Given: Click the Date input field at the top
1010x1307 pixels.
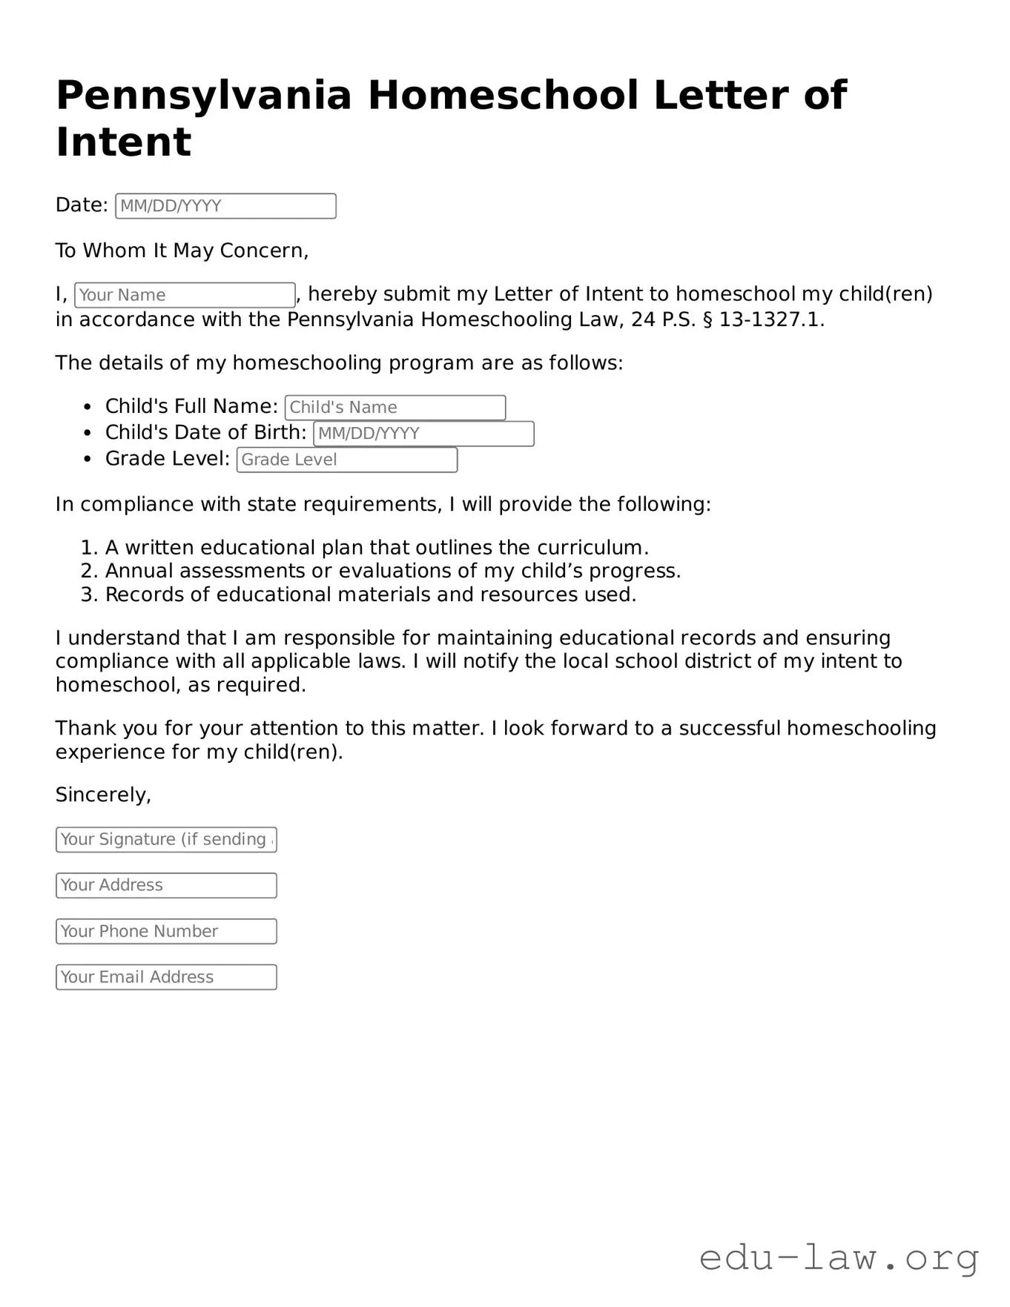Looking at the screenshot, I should pyautogui.click(x=225, y=206).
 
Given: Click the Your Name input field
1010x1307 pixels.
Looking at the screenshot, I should pyautogui.click(x=185, y=295).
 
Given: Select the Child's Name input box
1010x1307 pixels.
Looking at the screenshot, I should pyautogui.click(x=395, y=408).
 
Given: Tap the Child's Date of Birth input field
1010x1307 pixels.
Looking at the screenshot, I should pyautogui.click(x=423, y=434).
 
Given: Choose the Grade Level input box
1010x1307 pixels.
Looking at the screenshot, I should pyautogui.click(x=347, y=460).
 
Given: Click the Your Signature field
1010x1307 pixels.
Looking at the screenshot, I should pyautogui.click(x=166, y=839).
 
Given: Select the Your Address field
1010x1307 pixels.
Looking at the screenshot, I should pyautogui.click(x=166, y=885).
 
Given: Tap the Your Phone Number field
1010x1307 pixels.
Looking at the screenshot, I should pyautogui.click(x=166, y=931).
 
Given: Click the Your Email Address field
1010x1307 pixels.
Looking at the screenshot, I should pyautogui.click(x=166, y=977).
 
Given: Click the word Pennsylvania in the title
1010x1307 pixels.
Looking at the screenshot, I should pyautogui.click(x=203, y=96).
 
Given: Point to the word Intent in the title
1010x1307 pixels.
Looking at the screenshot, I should pyautogui.click(x=123, y=142).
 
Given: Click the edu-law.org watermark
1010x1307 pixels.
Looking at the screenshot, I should pyautogui.click(x=839, y=1258).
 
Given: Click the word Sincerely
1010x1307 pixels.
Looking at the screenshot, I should pyautogui.click(x=103, y=795).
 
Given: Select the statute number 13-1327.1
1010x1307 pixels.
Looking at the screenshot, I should pyautogui.click(x=770, y=320).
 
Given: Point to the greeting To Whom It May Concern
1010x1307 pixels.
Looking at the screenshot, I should pyautogui.click(x=182, y=251).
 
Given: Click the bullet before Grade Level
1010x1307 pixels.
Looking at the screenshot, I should pyautogui.click(x=88, y=460).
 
